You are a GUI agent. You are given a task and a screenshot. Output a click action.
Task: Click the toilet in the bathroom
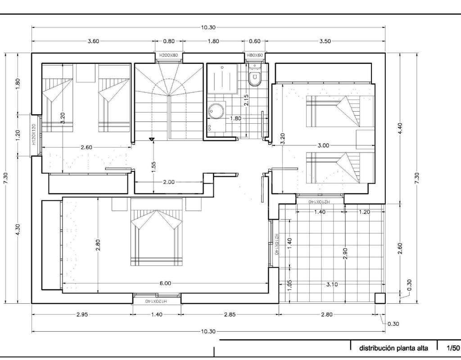point(254,76)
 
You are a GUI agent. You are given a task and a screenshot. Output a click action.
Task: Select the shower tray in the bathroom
point(222,78)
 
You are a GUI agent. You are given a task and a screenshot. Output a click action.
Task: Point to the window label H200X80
point(169,55)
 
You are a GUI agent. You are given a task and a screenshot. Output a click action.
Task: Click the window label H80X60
point(255,55)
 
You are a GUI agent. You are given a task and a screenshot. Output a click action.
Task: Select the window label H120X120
point(33,134)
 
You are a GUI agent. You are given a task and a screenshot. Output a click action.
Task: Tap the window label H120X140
point(156,301)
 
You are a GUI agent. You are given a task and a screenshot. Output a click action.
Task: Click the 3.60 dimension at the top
point(94,41)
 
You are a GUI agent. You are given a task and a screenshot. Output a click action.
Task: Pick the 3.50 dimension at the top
point(325,41)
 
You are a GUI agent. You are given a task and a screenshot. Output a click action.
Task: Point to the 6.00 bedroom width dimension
point(165,283)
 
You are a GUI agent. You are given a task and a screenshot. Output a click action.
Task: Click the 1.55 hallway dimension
point(154,167)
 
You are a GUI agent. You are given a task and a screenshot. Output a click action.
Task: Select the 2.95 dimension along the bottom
point(82,315)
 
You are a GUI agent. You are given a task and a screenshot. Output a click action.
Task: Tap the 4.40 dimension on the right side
point(400,128)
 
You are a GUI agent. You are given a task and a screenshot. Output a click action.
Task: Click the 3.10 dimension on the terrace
point(332,284)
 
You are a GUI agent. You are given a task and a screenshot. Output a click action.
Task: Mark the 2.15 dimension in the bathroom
point(246,100)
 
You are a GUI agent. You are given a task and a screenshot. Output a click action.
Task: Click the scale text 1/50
point(453,348)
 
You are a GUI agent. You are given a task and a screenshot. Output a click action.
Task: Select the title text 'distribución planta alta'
point(393,348)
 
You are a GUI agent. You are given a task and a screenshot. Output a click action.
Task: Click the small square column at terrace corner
point(380,298)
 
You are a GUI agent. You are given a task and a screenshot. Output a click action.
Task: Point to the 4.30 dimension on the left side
point(18,229)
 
